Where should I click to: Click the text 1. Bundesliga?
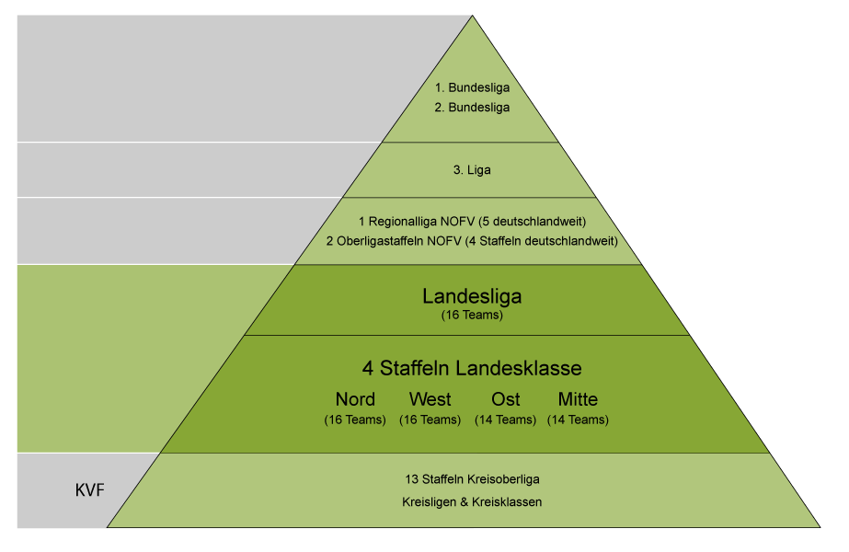pos(473,88)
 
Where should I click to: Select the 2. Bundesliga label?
pos(473,107)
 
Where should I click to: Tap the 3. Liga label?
pos(473,170)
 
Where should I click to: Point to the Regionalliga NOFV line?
pos(472,222)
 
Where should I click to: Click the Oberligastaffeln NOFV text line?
pos(471,241)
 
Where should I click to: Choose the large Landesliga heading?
pos(472,296)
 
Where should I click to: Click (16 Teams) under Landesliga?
pos(472,316)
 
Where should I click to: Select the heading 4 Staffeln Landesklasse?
pos(472,368)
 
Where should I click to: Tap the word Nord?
pos(355,399)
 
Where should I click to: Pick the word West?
pos(430,399)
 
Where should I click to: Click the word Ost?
pos(505,399)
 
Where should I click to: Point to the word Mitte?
pos(578,399)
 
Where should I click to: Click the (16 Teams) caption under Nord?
pos(355,420)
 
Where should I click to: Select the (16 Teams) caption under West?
pos(430,420)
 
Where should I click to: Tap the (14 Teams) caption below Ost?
pos(505,420)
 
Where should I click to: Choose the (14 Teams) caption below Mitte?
pos(578,420)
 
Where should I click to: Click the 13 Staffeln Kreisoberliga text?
pos(472,479)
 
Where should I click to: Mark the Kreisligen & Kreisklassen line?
pos(472,501)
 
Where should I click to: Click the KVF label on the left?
pos(89,489)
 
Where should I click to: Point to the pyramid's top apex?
pos(472,17)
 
